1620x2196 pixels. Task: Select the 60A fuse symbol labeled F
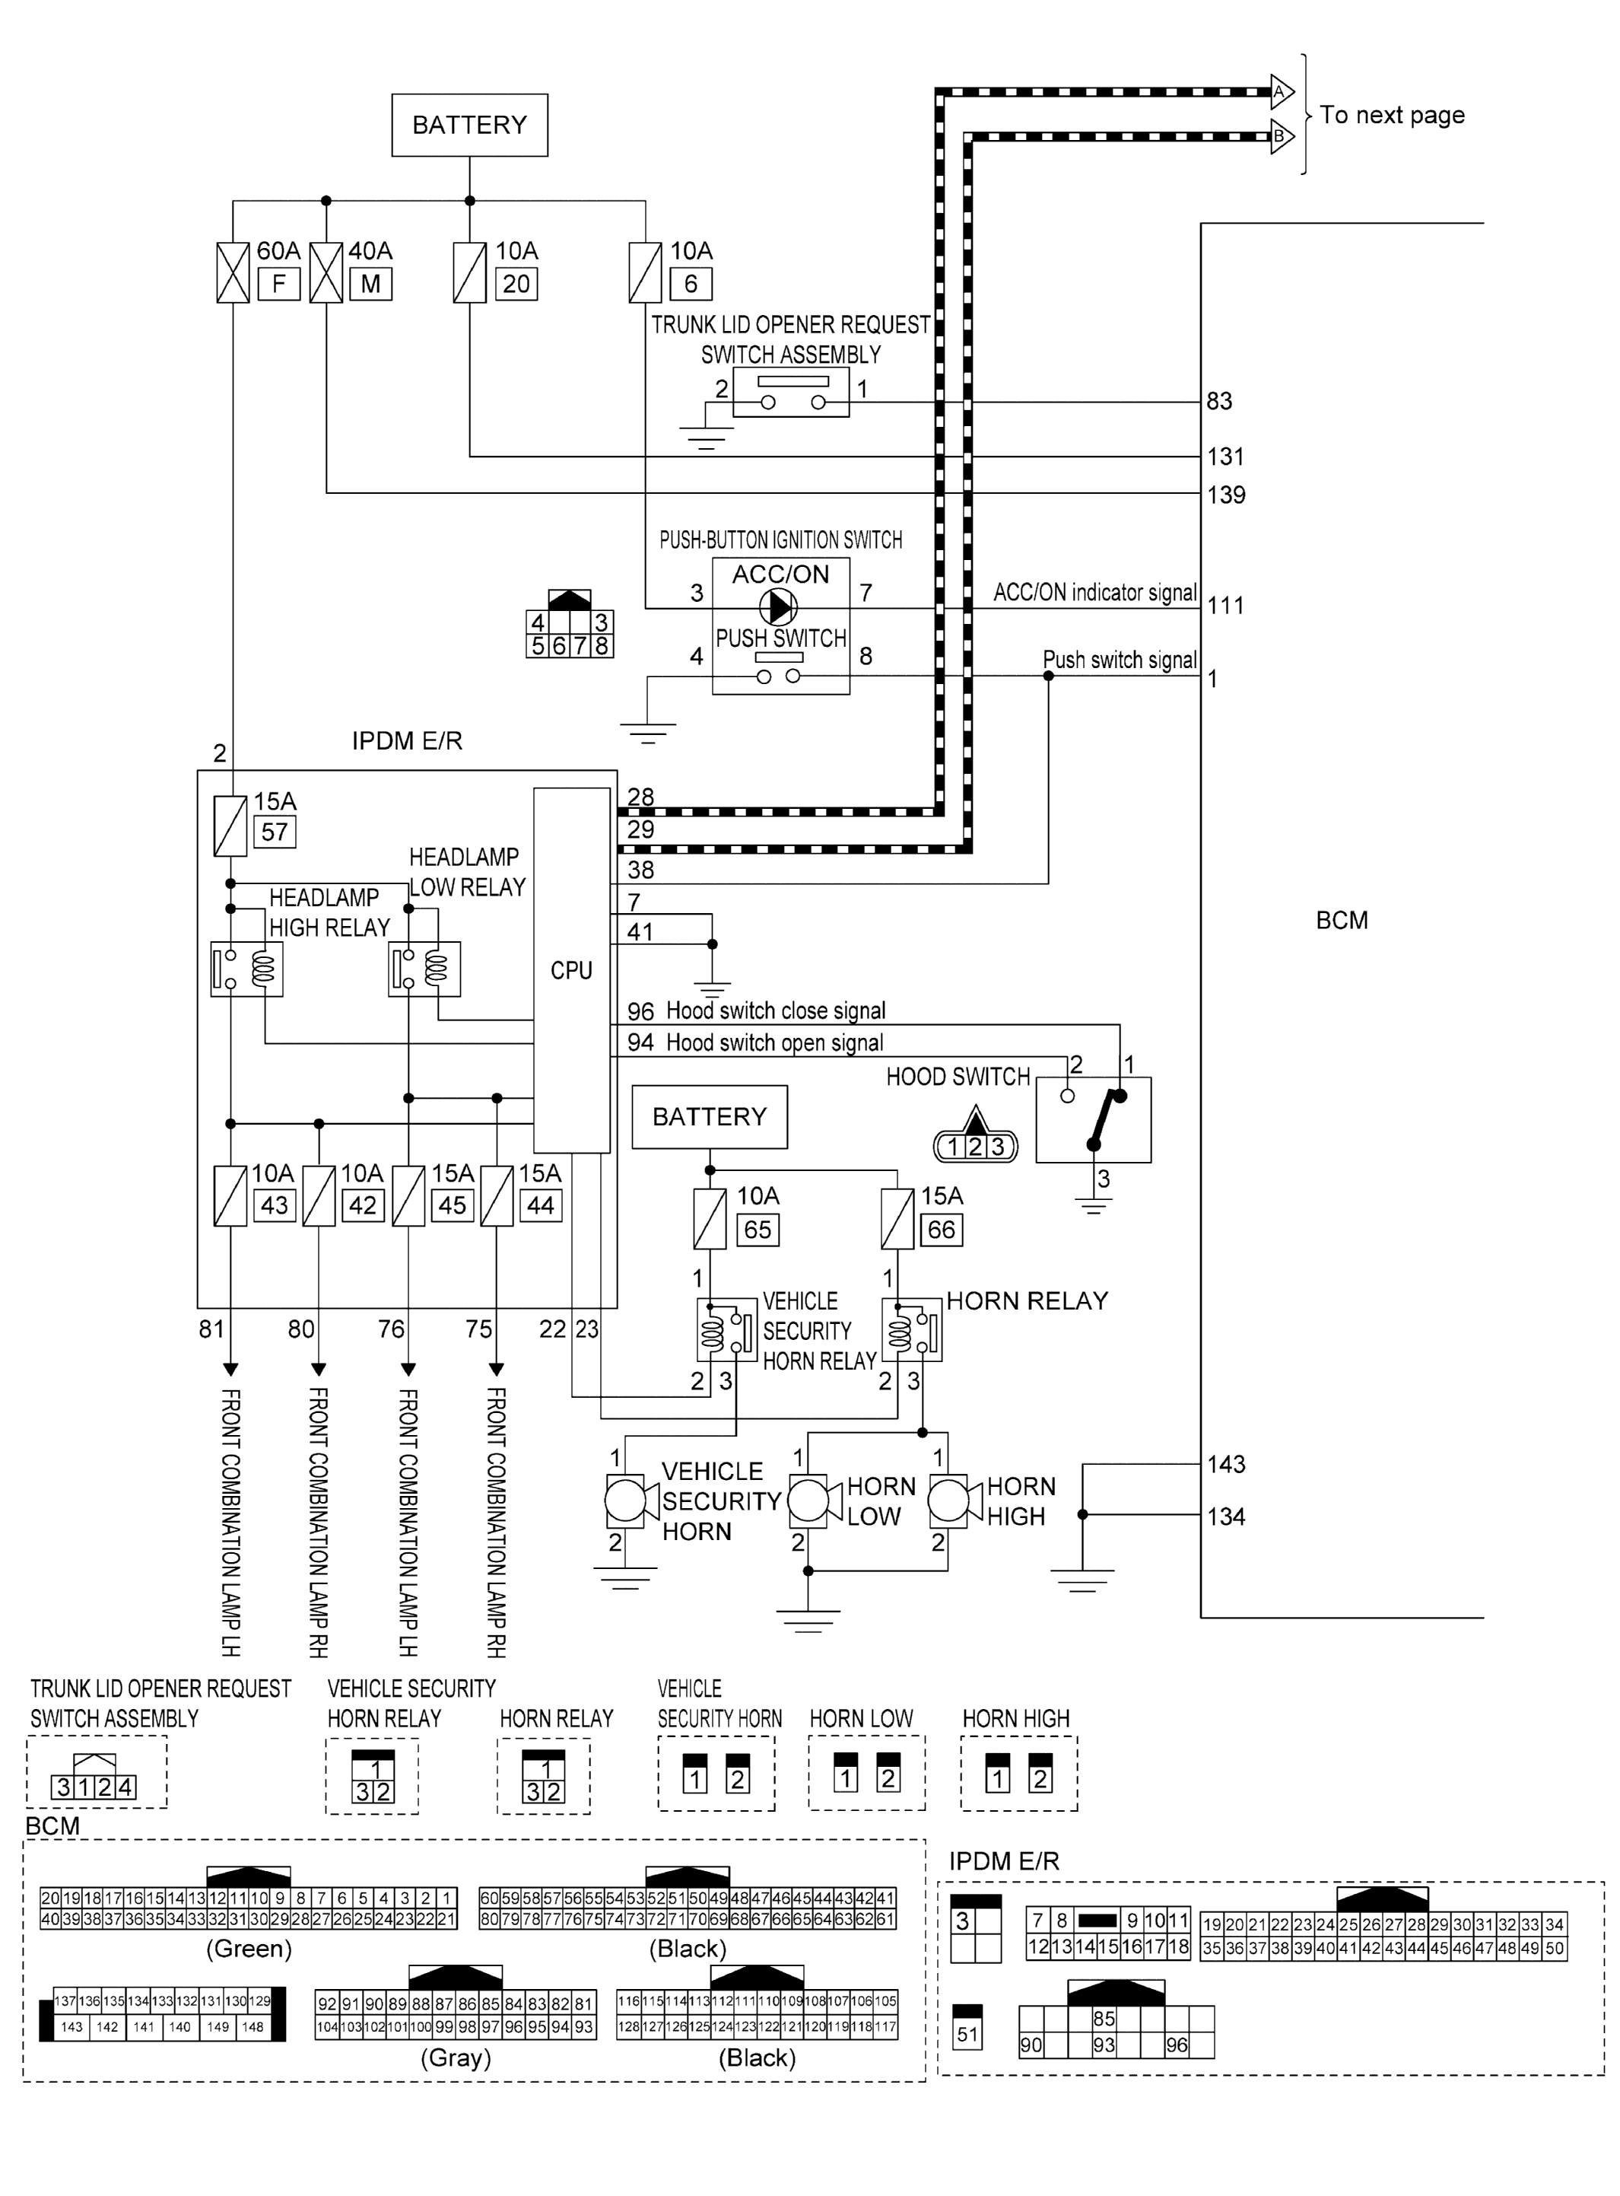click(233, 272)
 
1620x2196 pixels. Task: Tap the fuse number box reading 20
click(516, 285)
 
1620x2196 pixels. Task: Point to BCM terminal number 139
click(1226, 495)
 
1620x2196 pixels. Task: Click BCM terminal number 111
click(1226, 605)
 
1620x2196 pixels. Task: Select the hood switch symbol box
click(1094, 1120)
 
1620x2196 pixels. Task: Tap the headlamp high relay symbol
click(246, 969)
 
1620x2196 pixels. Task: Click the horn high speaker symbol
click(949, 1501)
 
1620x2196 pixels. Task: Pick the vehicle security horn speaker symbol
click(626, 1501)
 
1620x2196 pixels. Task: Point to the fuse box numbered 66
click(940, 1229)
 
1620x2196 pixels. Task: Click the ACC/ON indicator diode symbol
click(780, 607)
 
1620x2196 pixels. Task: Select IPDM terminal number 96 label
click(640, 1011)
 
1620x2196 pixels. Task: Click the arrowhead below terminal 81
click(230, 1368)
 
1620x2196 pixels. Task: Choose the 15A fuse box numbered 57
click(274, 832)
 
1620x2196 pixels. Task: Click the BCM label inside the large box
click(1341, 920)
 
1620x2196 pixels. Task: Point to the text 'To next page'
click(1392, 115)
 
